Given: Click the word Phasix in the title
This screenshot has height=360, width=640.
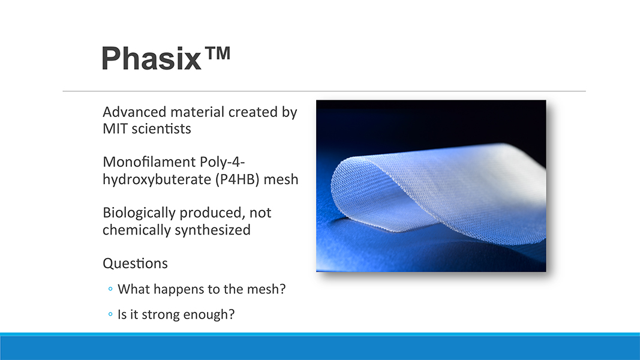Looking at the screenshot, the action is tap(151, 58).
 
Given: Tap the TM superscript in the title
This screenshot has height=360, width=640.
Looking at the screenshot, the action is tap(218, 53).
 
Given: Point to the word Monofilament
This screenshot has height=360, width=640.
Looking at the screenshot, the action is tap(149, 162).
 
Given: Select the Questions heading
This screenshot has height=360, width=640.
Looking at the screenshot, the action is tap(135, 263).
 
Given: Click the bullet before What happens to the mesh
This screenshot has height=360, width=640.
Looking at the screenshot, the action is tap(110, 289).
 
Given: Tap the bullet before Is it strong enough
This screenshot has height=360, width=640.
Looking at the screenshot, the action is tap(110, 314).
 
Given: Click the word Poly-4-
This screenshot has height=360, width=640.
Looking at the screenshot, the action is tap(222, 162).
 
